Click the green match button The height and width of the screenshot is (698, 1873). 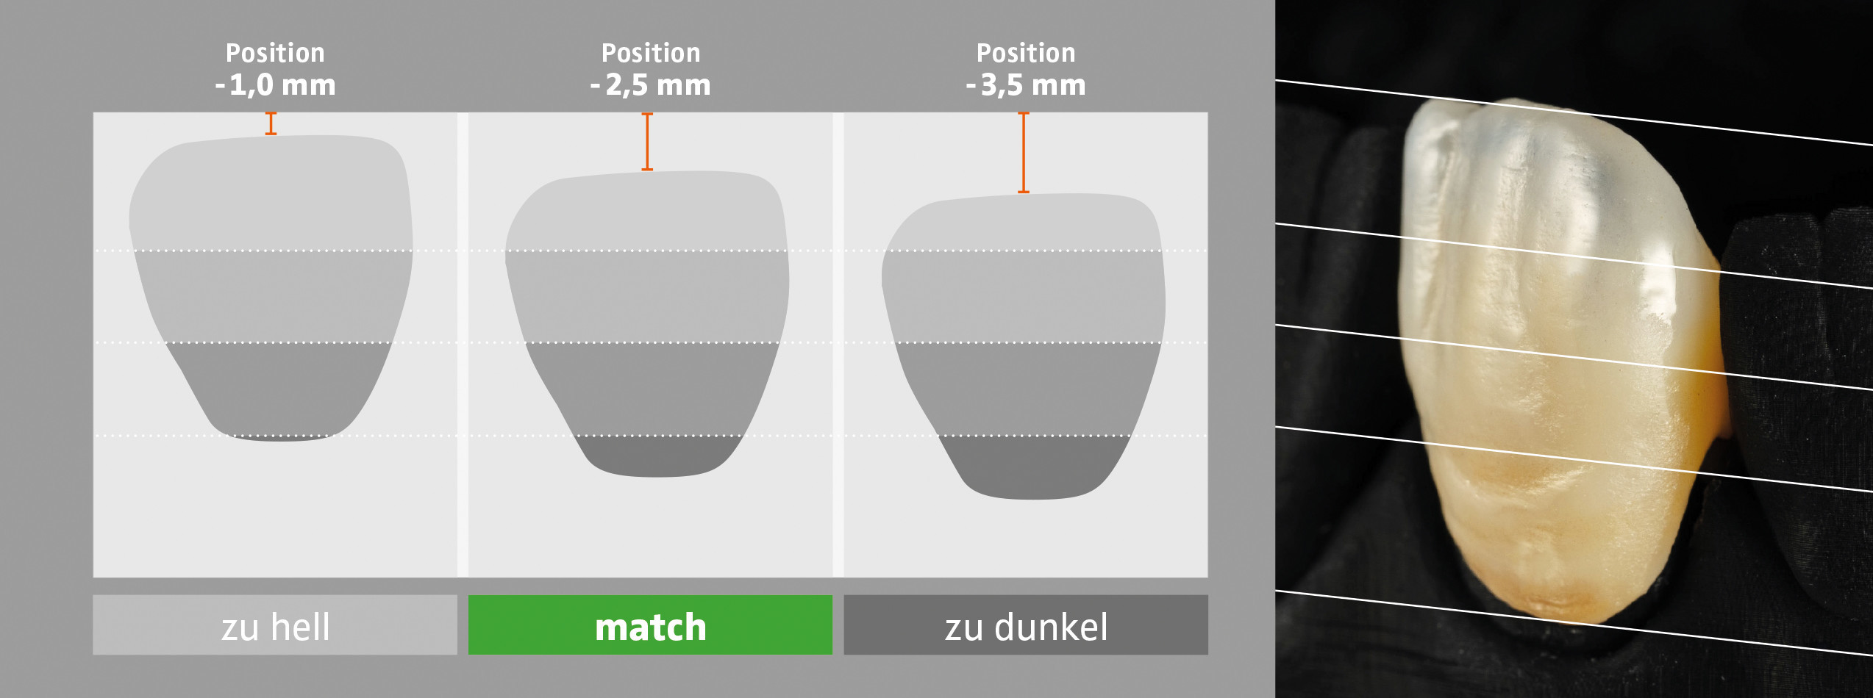point(650,625)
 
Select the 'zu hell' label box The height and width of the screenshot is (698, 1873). point(275,625)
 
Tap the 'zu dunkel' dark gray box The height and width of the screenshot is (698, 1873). point(1026,625)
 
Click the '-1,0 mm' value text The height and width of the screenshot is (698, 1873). point(275,85)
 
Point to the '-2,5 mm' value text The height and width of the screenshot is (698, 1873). point(651,85)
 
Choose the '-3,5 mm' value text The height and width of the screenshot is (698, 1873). point(1026,85)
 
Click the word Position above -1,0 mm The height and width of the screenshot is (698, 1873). point(275,53)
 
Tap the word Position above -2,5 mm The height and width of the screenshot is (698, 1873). point(651,53)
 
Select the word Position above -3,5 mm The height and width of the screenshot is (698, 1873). point(1026,53)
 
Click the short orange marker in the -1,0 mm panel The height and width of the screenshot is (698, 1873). point(271,123)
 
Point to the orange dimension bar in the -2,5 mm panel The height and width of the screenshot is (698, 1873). point(647,142)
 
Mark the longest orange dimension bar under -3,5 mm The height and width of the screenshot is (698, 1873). point(1023,153)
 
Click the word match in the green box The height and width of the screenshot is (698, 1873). point(650,627)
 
